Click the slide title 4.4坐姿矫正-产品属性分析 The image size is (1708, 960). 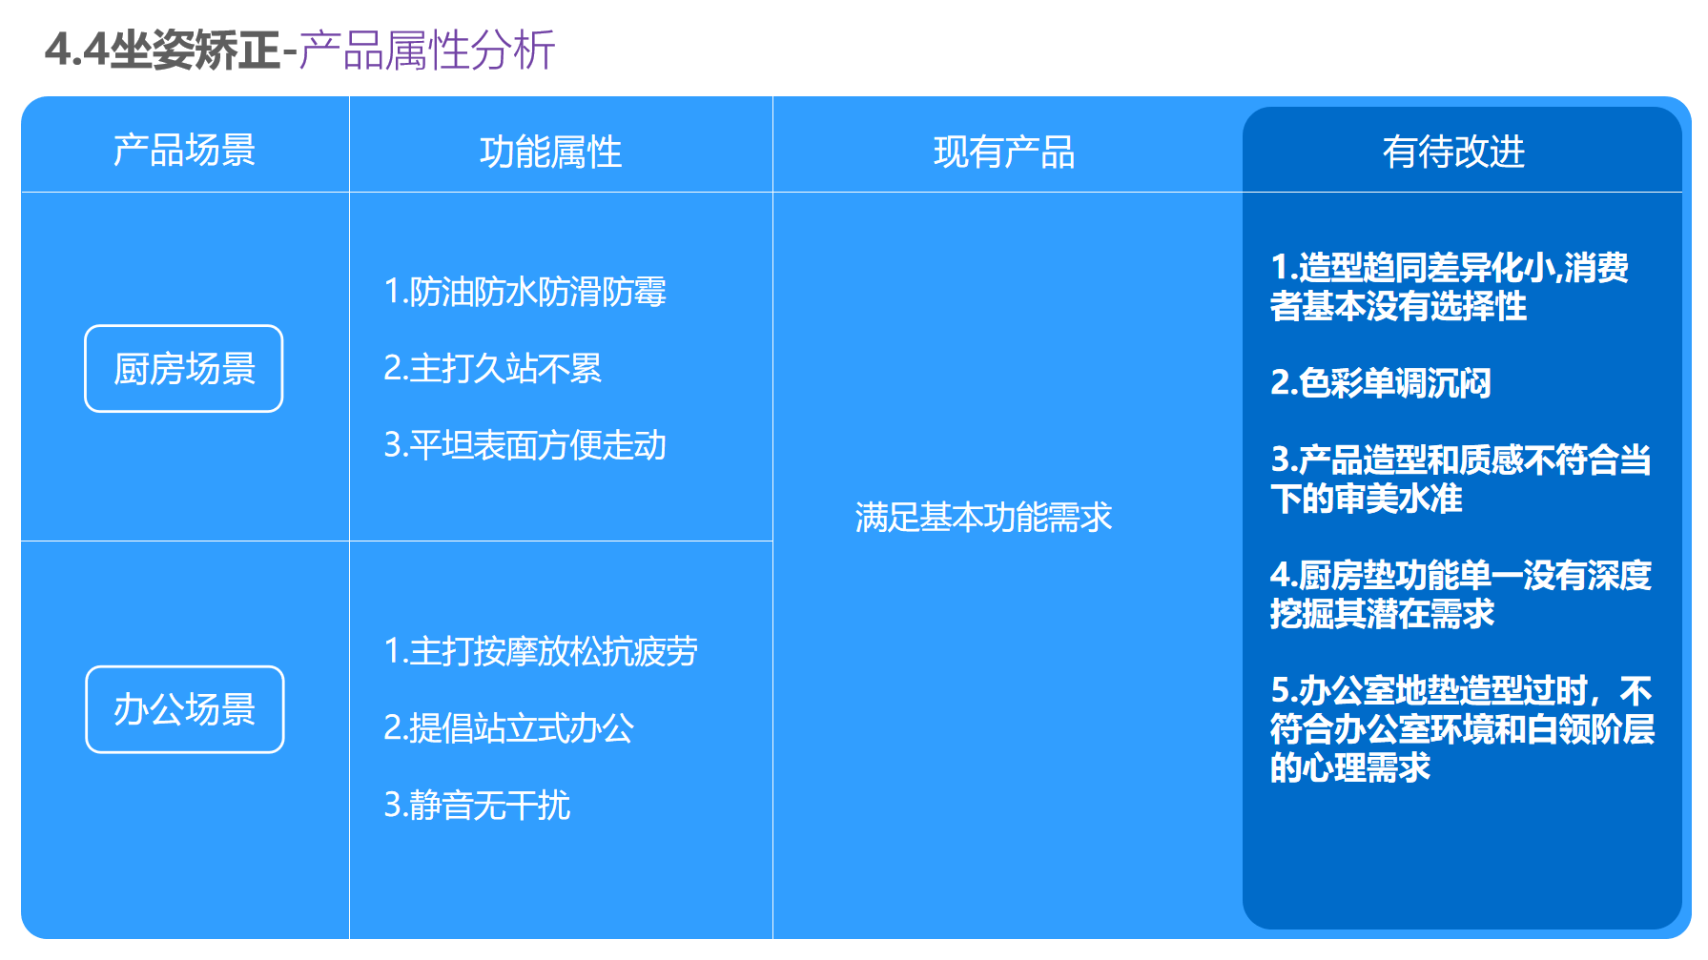[299, 50]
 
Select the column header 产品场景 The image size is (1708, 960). [184, 151]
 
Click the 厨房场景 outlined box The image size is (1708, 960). [184, 369]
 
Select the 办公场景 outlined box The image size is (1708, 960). [185, 709]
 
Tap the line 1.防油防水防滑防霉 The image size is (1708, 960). [525, 292]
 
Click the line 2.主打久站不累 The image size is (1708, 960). [492, 368]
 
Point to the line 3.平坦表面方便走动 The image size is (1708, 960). [525, 445]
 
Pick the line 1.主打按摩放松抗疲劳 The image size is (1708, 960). [540, 651]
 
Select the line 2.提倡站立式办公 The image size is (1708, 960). [508, 728]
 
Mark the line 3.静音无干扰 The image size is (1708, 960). [477, 806]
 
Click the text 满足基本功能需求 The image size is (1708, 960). [983, 518]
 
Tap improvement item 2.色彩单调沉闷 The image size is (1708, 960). [1380, 383]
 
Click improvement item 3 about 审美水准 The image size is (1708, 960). [1459, 480]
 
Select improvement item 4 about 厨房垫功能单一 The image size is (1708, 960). [1459, 594]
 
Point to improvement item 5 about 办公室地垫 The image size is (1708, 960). [1461, 728]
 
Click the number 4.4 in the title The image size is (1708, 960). [76, 50]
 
